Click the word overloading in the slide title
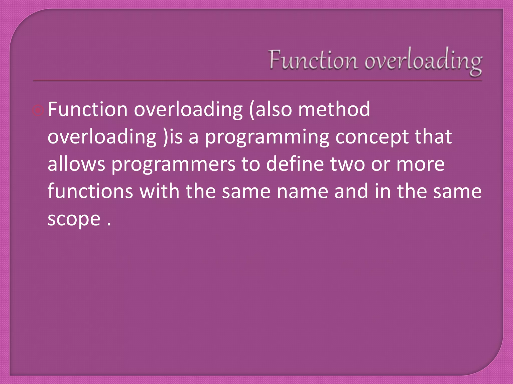(x=423, y=61)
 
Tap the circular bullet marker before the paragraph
(x=38, y=110)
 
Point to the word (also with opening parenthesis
(x=271, y=110)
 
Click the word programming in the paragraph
(x=267, y=137)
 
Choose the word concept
(x=372, y=137)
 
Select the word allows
(x=76, y=164)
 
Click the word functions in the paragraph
(x=90, y=191)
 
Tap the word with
(x=159, y=191)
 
